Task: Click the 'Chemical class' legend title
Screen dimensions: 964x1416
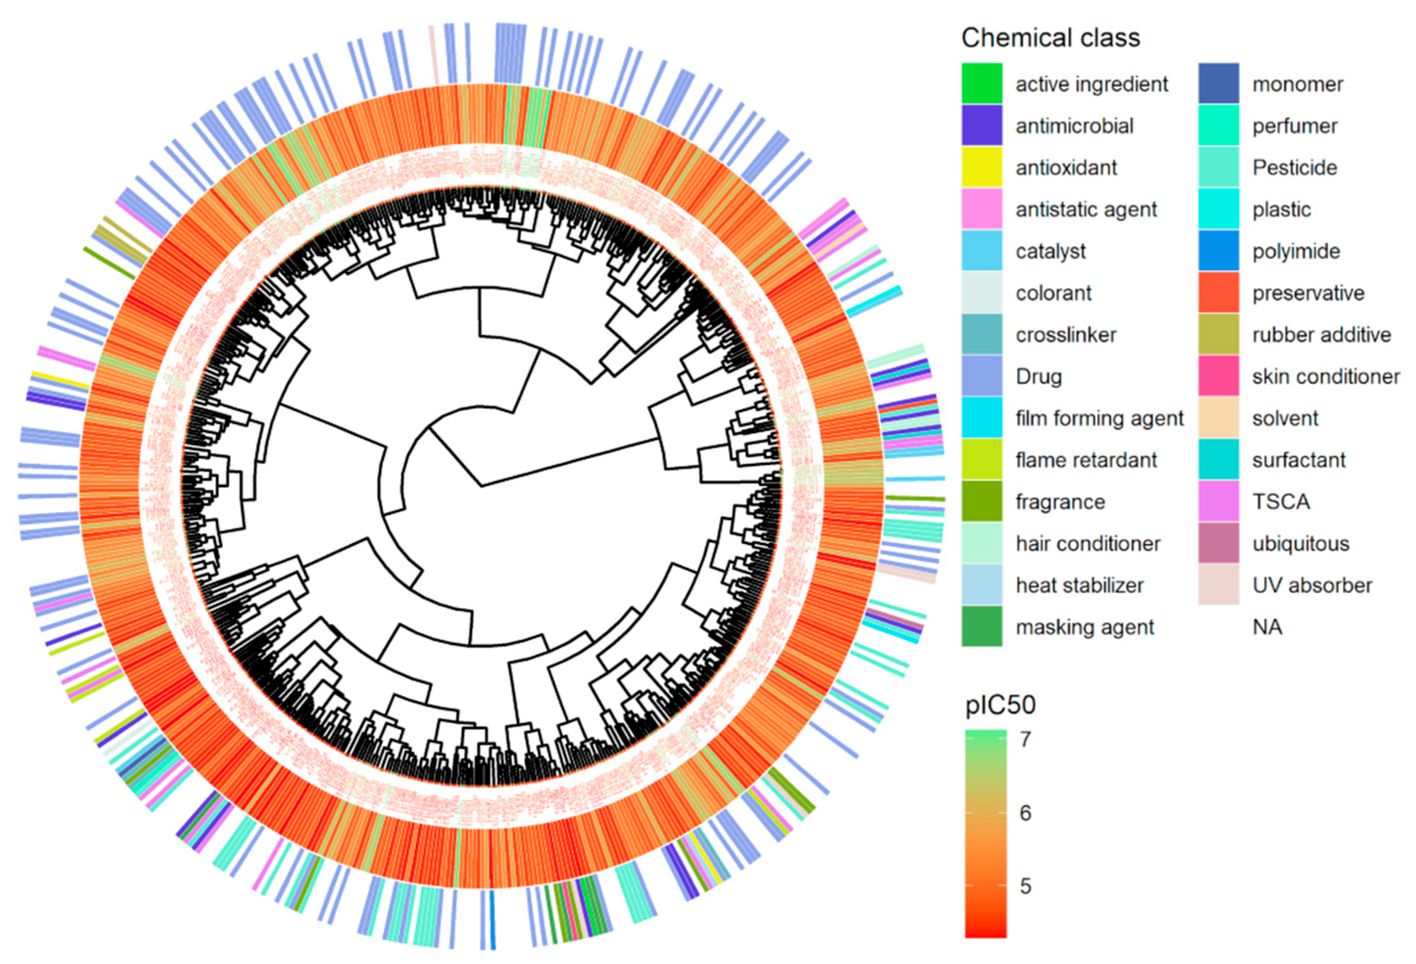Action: coord(1050,38)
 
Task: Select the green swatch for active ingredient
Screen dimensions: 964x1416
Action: coord(981,83)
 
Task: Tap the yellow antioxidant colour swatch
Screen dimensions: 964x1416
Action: coord(981,167)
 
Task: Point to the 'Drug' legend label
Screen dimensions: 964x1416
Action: coord(1038,377)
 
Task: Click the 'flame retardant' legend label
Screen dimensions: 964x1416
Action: coord(1086,460)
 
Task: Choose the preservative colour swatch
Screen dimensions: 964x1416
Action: coord(1218,293)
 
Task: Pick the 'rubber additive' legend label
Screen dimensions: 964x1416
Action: coord(1322,334)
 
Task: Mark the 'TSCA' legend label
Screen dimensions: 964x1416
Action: coord(1281,502)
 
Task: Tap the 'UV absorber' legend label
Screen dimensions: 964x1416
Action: coord(1312,586)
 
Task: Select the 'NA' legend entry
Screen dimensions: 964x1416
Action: coord(1267,627)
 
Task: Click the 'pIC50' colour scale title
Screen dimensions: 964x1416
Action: coord(1001,705)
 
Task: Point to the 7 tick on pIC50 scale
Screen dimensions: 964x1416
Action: coord(1025,739)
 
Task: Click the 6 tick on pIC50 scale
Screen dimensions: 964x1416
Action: coord(1025,813)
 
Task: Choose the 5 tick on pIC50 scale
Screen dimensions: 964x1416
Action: coord(1025,886)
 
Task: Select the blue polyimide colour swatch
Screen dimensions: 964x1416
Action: coord(1218,251)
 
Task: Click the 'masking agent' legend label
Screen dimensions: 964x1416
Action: coord(1085,627)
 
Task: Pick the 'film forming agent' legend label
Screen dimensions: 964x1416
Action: coord(1099,419)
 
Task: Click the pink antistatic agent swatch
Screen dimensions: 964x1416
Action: coord(981,209)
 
